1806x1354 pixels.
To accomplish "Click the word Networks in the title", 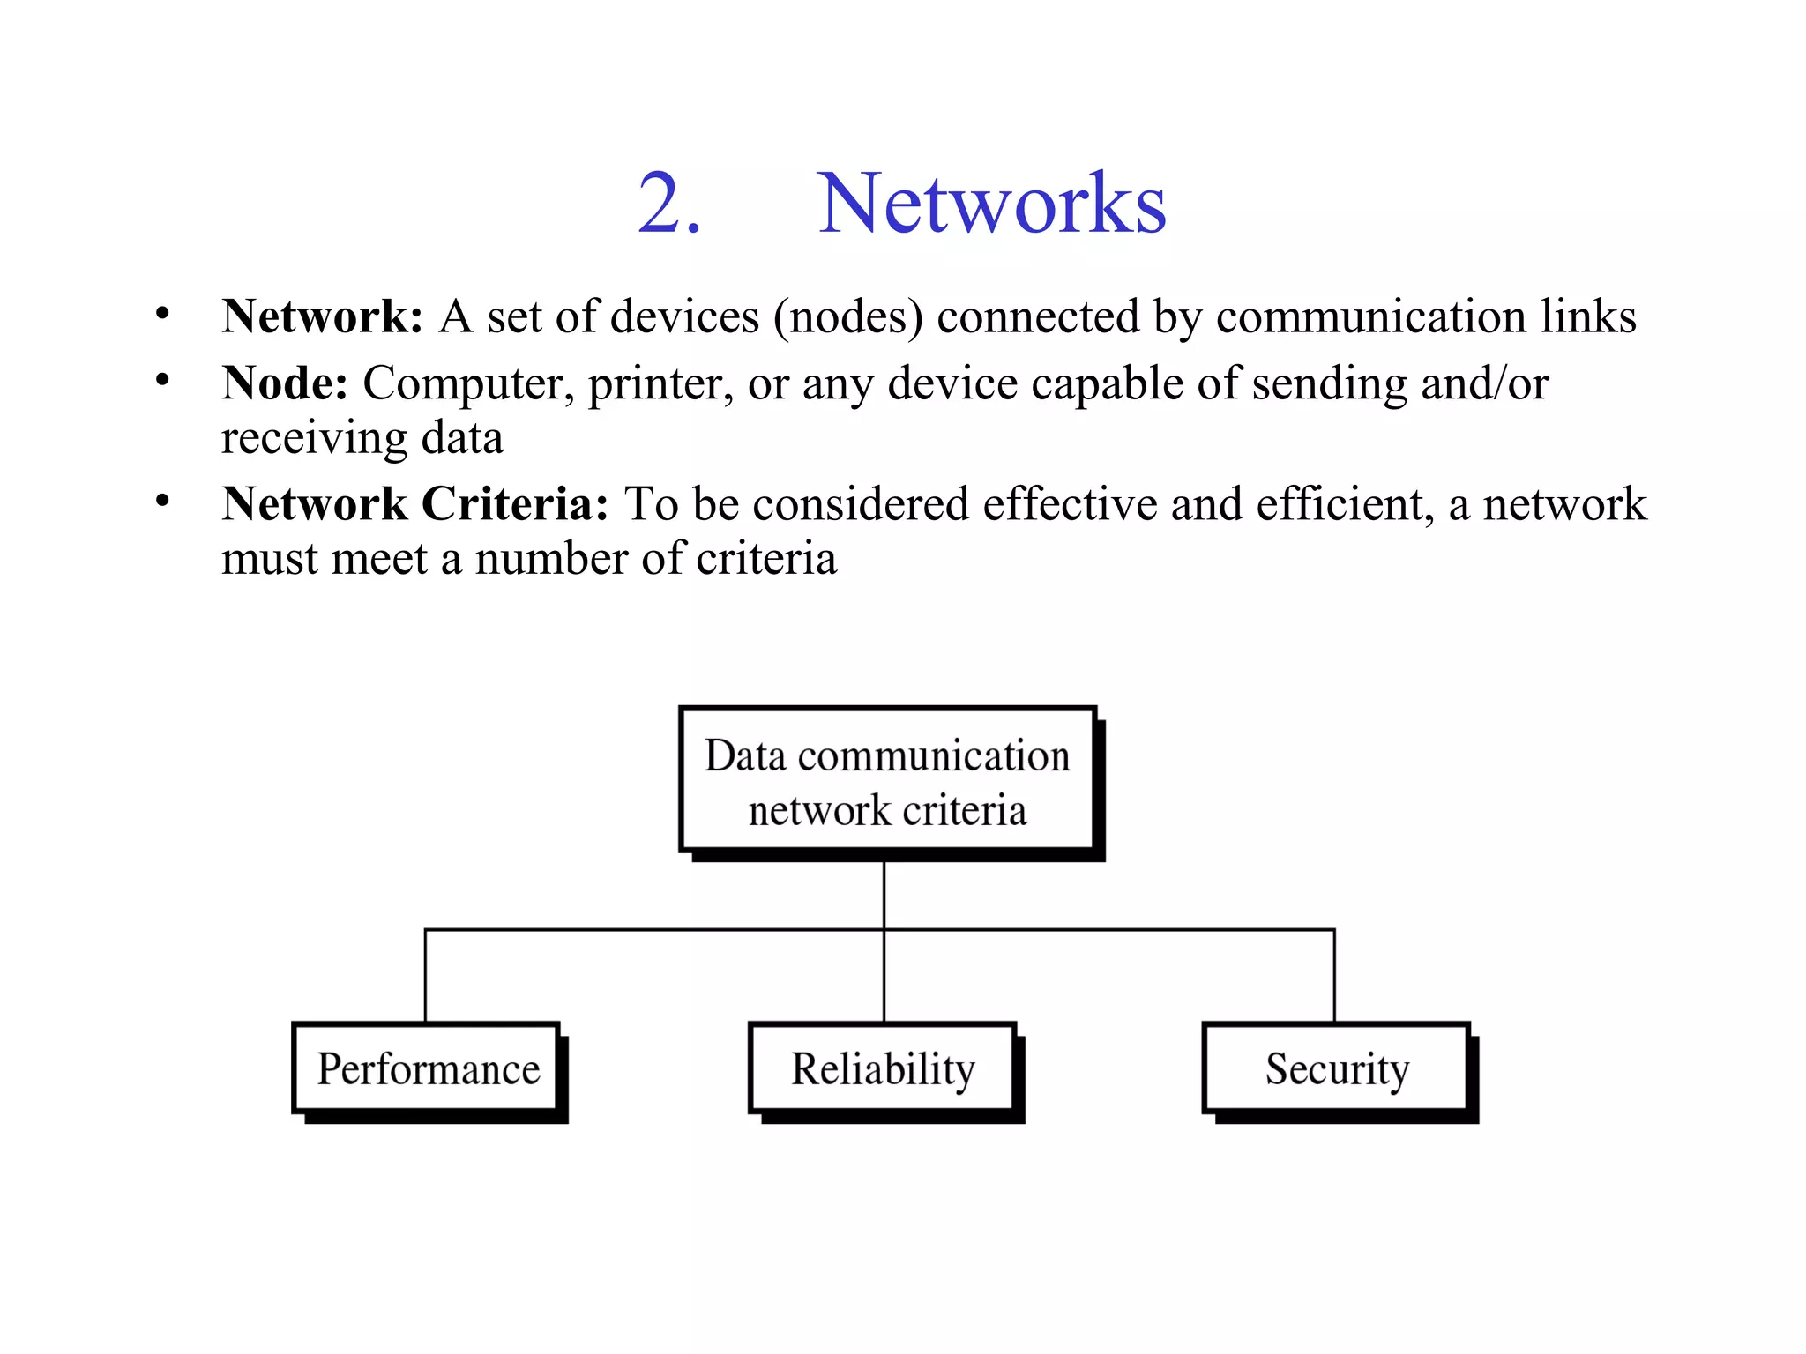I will pos(991,205).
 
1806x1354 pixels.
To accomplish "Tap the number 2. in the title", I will pos(669,205).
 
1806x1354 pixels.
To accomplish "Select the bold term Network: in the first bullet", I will pos(322,316).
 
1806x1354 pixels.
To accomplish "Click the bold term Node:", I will pos(284,383).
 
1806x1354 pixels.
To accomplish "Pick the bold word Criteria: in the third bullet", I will pos(515,504).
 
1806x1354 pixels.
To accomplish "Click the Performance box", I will pos(428,1069).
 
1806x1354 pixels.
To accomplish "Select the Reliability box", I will pos(883,1069).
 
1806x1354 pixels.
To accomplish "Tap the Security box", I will pos(1337,1069).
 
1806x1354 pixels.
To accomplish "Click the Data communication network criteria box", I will pos(887,781).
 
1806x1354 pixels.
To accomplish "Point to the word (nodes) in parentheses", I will pos(847,317).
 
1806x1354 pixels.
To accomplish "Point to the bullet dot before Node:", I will pos(162,381).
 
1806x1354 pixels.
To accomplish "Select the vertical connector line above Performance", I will pos(425,975).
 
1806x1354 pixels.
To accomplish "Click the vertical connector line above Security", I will pos(1334,975).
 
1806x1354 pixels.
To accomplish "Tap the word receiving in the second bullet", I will pos(314,438).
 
